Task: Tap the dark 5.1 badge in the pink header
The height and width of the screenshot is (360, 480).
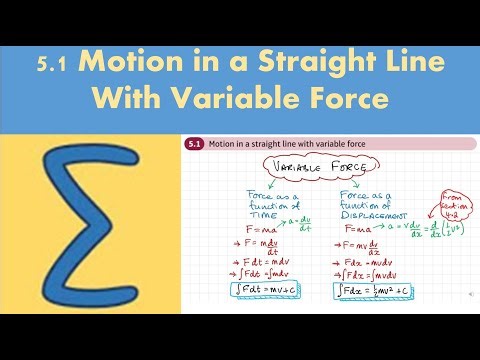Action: (193, 144)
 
